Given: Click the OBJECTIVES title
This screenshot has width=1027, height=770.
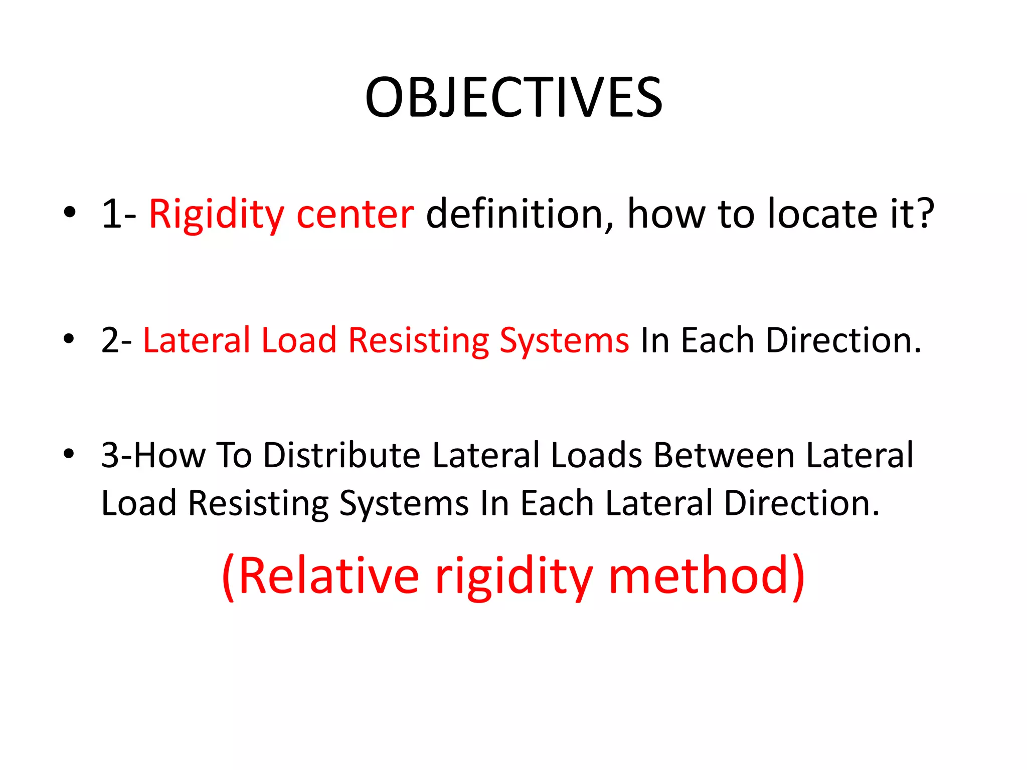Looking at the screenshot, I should coord(513,97).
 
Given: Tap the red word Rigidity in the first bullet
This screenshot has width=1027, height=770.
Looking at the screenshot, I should coord(216,215).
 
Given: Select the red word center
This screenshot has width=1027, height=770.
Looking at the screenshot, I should coord(355,215).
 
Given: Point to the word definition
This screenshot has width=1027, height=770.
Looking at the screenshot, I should coord(520,214).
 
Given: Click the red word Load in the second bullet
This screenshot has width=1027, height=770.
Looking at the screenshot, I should coord(298,340).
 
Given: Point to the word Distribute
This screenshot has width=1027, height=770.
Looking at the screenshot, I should coord(341,456).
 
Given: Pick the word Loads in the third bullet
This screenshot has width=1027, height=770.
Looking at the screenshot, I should coord(596,456).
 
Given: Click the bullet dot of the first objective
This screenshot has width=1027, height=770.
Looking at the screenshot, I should coord(69,212).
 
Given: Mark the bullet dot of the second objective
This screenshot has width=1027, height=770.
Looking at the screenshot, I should coord(69,338).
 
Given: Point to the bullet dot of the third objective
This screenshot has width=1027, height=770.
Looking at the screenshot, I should coord(69,454).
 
